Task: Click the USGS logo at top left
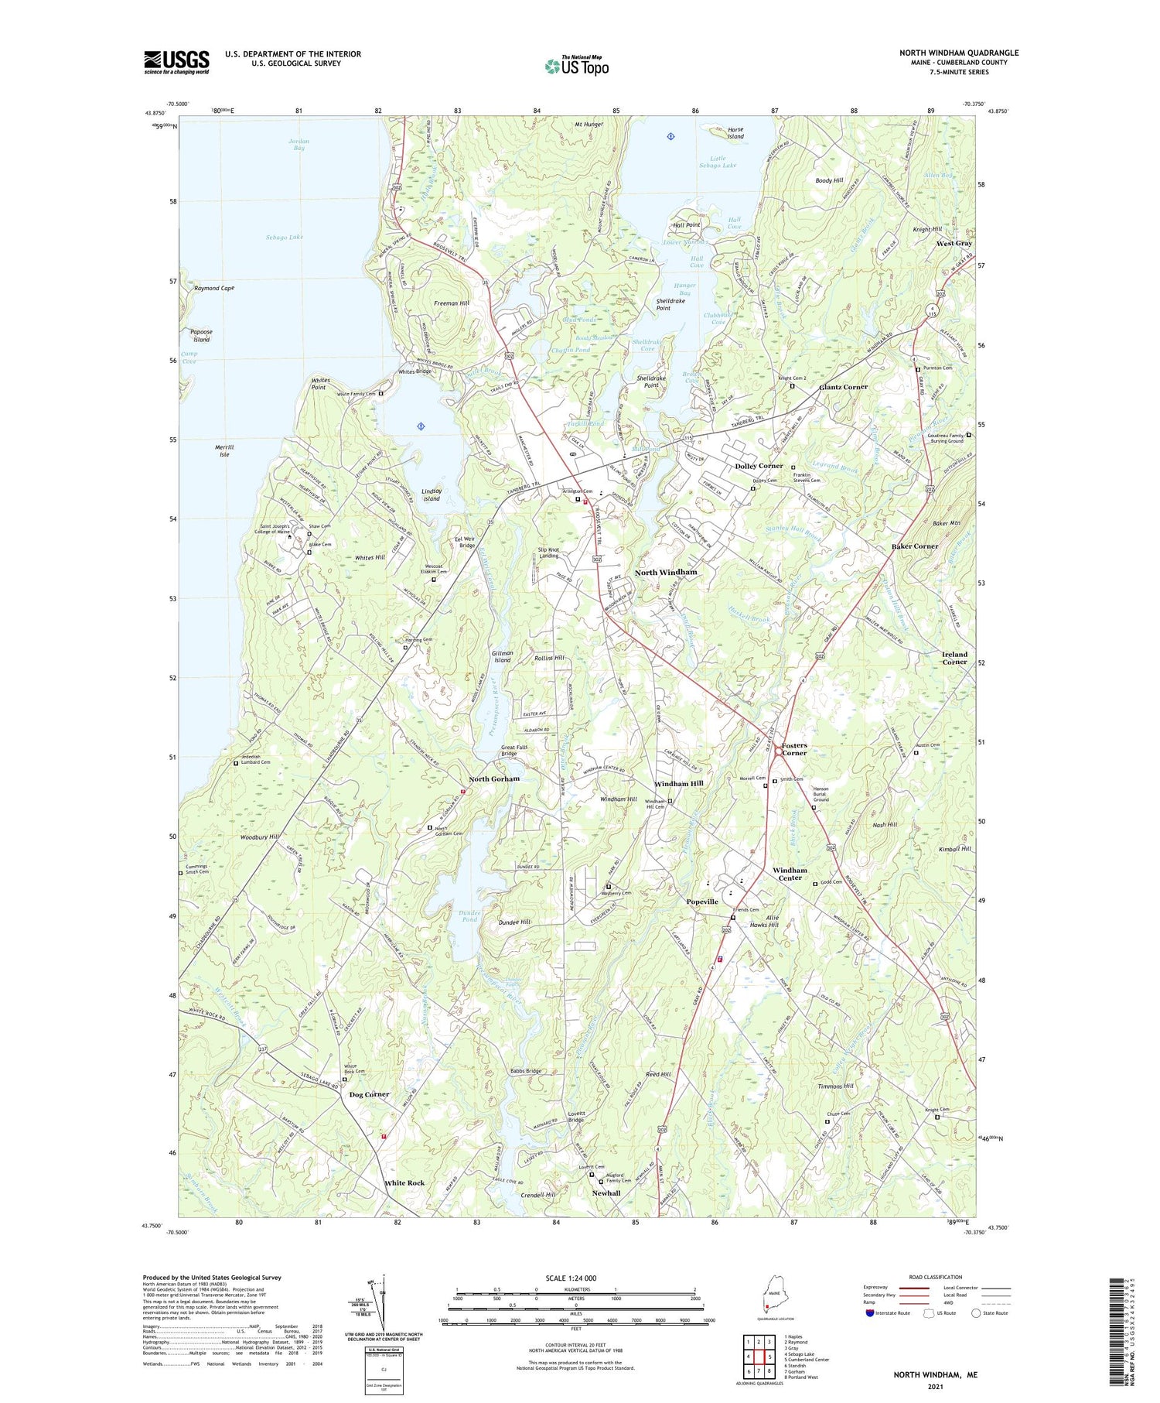click(x=176, y=62)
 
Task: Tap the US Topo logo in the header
click(x=576, y=67)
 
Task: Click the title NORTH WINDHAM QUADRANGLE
click(x=958, y=53)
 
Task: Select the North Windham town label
click(x=665, y=572)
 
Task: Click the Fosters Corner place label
click(x=793, y=748)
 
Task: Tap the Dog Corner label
click(x=369, y=1094)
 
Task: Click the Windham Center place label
click(x=790, y=874)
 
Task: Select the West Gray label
click(x=954, y=243)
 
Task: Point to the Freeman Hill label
click(x=451, y=303)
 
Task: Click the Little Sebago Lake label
click(x=718, y=162)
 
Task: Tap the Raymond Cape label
click(x=213, y=288)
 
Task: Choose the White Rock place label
click(x=404, y=1182)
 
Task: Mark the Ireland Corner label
click(x=954, y=658)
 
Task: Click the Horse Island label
click(x=735, y=133)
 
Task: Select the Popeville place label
click(x=702, y=902)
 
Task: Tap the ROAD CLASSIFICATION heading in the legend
click(x=936, y=1277)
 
